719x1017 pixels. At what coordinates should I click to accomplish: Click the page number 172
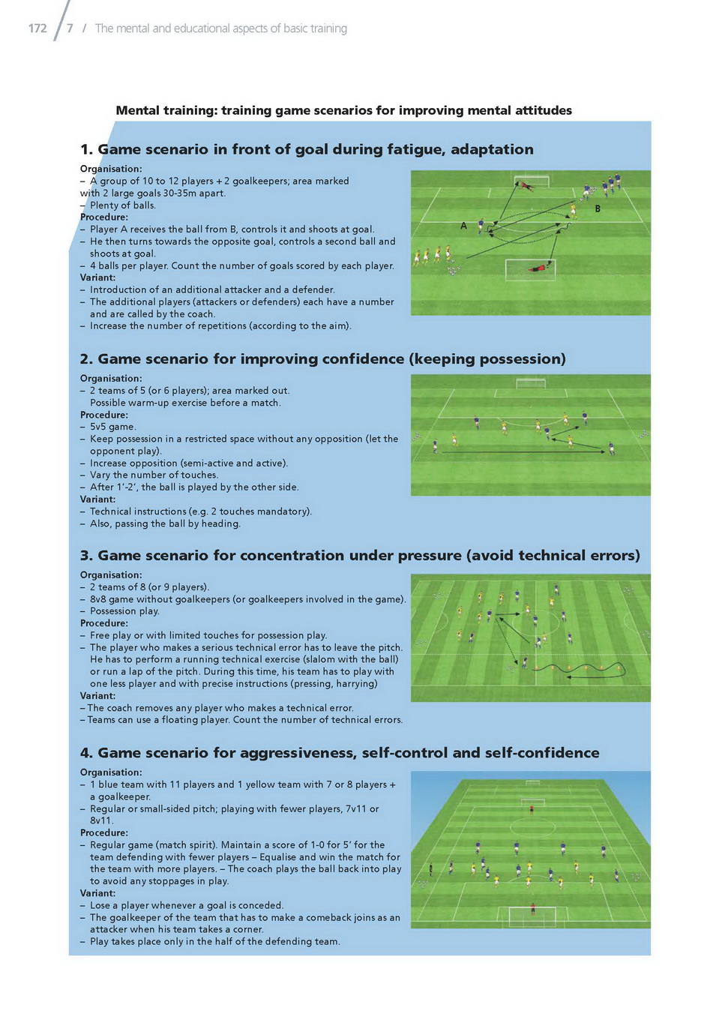point(37,28)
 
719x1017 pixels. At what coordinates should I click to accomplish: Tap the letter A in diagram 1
point(463,225)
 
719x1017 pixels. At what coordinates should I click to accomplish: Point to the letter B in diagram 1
point(598,208)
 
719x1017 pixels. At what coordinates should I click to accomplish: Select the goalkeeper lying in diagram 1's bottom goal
point(540,268)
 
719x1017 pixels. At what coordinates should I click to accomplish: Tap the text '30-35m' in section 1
point(181,193)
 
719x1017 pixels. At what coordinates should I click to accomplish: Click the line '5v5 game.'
point(113,427)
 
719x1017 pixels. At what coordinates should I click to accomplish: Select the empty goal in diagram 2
point(530,383)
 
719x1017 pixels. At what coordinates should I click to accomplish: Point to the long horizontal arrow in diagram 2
point(523,452)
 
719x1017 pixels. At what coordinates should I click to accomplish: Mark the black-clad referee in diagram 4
point(430,868)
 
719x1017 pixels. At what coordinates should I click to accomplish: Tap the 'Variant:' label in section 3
point(97,695)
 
